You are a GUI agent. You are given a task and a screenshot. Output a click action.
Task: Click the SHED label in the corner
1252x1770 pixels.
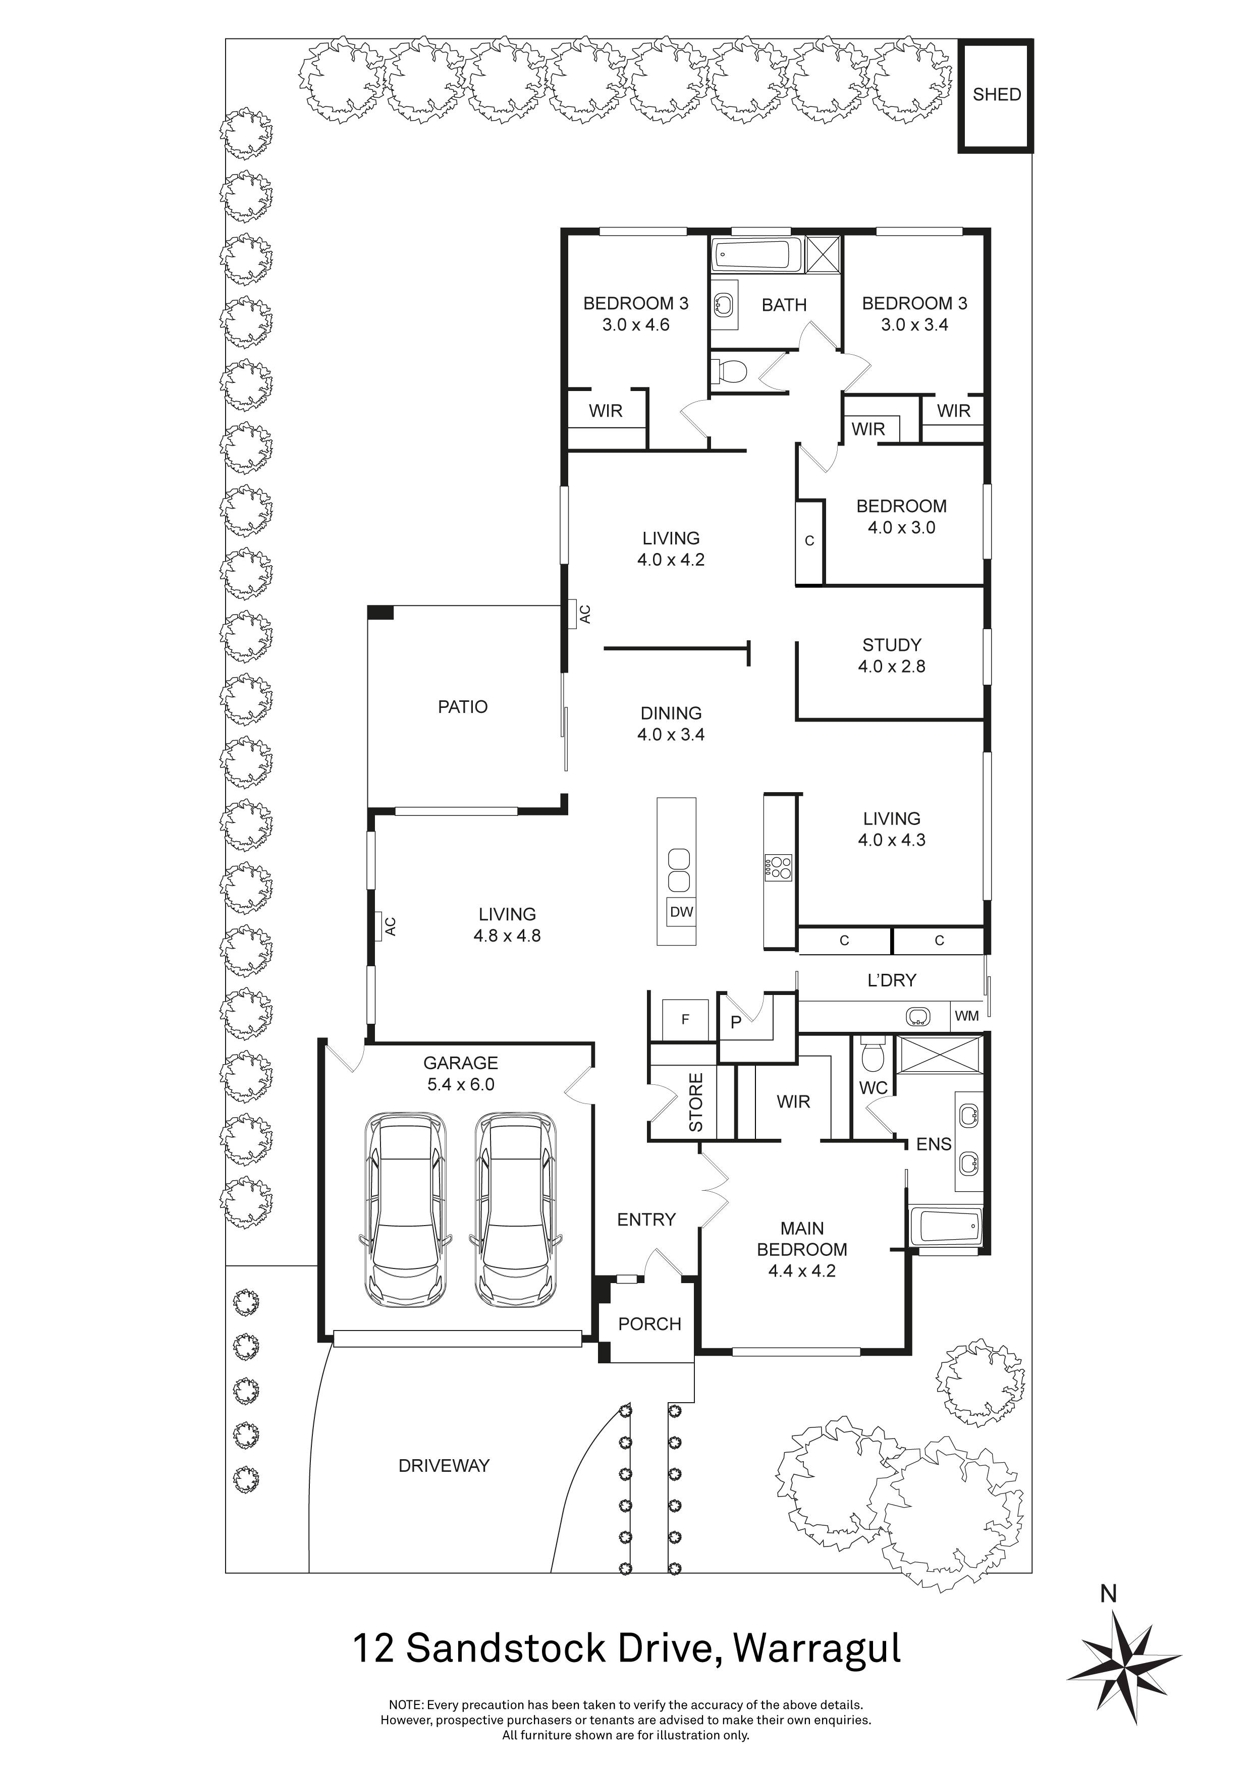coord(996,95)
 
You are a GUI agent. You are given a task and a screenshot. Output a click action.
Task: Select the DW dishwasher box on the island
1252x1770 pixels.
coord(681,912)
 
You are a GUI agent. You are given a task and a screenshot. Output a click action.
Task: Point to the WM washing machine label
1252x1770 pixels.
coord(967,1016)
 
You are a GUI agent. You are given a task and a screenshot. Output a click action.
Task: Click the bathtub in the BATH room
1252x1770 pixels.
coord(756,255)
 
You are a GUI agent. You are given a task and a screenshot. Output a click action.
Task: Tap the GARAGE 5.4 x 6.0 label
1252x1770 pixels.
coord(461,1073)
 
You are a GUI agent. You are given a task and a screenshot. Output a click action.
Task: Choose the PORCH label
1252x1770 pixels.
coord(650,1323)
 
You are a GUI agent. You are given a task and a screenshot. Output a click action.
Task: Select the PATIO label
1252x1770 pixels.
coord(463,707)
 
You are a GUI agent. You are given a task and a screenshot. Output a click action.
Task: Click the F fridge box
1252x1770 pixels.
coord(685,1020)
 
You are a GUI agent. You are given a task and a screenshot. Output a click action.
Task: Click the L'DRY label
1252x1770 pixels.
coord(892,980)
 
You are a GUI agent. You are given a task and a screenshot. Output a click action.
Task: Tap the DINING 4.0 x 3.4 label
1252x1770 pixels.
coord(671,724)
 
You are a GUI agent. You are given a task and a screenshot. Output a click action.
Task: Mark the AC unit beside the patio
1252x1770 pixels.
coord(574,615)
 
